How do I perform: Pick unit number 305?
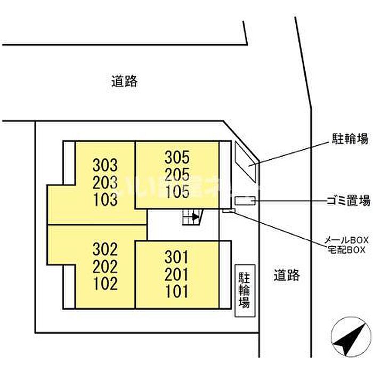click(x=177, y=158)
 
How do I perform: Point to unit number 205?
click(x=177, y=175)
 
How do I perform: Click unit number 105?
click(x=177, y=192)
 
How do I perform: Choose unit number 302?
click(x=104, y=249)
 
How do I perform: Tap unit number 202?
click(x=104, y=267)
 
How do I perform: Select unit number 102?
click(x=104, y=284)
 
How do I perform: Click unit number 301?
click(x=177, y=258)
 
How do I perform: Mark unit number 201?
click(x=177, y=275)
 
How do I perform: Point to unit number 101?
click(x=177, y=293)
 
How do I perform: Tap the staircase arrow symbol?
click(x=195, y=216)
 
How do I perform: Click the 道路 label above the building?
click(x=125, y=81)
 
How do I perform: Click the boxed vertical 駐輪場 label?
click(x=244, y=291)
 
